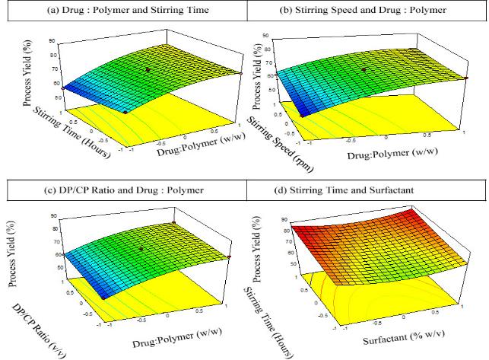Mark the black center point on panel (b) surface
point(364,69)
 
